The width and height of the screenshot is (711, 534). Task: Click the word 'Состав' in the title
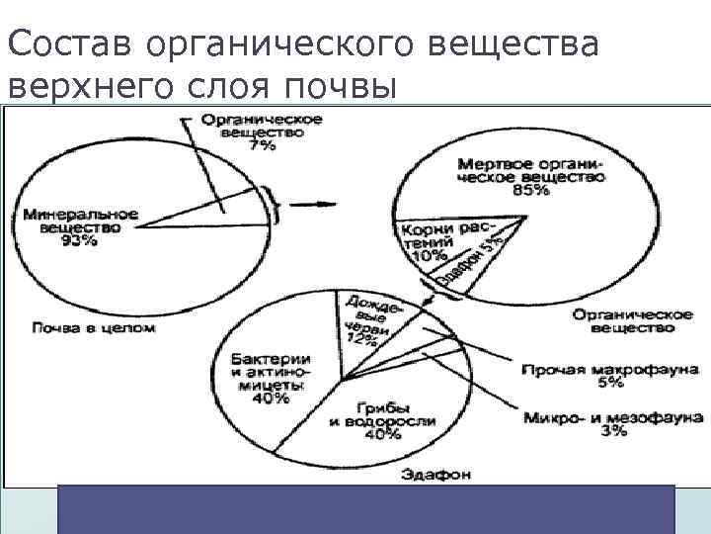(x=70, y=44)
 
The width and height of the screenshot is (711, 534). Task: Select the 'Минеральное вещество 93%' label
(x=80, y=227)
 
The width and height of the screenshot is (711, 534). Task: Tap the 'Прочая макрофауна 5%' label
(x=572, y=374)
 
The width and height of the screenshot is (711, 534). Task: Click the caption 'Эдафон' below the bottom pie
(x=435, y=474)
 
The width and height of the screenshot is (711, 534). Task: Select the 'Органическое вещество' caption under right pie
(x=630, y=319)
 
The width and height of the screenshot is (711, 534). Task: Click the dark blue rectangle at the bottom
(x=365, y=508)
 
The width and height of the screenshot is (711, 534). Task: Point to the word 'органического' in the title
(x=272, y=44)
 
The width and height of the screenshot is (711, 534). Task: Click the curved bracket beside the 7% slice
(x=279, y=205)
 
